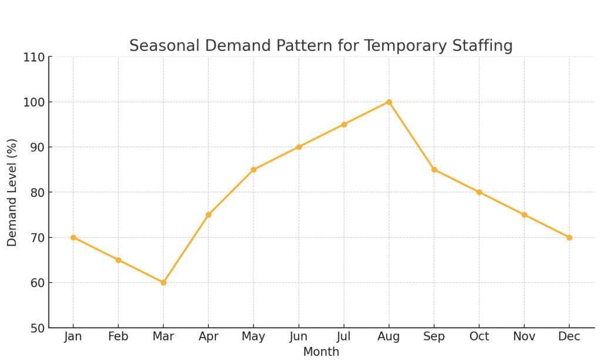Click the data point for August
[x=389, y=102]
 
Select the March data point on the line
[x=163, y=282]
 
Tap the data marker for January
[x=73, y=237]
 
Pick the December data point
[x=569, y=237]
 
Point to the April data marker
[x=208, y=215]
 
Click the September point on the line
[x=434, y=170]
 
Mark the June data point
[x=299, y=147]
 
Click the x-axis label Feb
[x=118, y=337]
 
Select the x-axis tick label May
[x=254, y=337]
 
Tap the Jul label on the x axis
[x=344, y=337]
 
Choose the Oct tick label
[x=479, y=337]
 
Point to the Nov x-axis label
[x=524, y=337]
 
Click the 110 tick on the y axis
[x=34, y=58]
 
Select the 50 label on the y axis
[x=37, y=328]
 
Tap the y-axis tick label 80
[x=37, y=193]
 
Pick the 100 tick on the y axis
[x=34, y=103]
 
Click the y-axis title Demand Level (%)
[x=12, y=192]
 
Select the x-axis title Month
[x=321, y=352]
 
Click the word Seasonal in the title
[x=156, y=46]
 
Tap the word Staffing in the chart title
[x=482, y=46]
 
